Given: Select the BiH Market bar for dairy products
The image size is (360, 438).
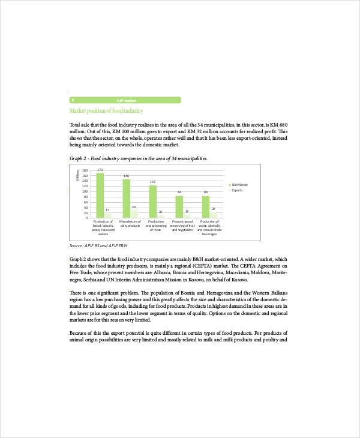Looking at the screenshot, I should [127, 198].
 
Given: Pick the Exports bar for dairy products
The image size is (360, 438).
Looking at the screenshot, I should [134, 214].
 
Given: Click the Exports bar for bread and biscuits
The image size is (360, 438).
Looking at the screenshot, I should [108, 215].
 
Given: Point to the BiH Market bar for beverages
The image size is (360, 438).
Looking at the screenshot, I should [206, 206].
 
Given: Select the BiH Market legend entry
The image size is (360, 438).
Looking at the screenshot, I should [239, 184].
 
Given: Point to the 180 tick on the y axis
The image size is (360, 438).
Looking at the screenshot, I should [85, 170].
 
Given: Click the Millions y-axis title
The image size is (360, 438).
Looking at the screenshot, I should [77, 175].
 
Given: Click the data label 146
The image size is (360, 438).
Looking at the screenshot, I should [127, 176].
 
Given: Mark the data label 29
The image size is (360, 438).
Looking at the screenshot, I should [134, 207].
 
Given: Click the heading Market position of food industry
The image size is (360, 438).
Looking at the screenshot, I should [106, 111].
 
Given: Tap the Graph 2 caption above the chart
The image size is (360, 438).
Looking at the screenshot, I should [139, 158].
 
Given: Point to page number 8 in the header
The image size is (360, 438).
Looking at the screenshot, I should [73, 100].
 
